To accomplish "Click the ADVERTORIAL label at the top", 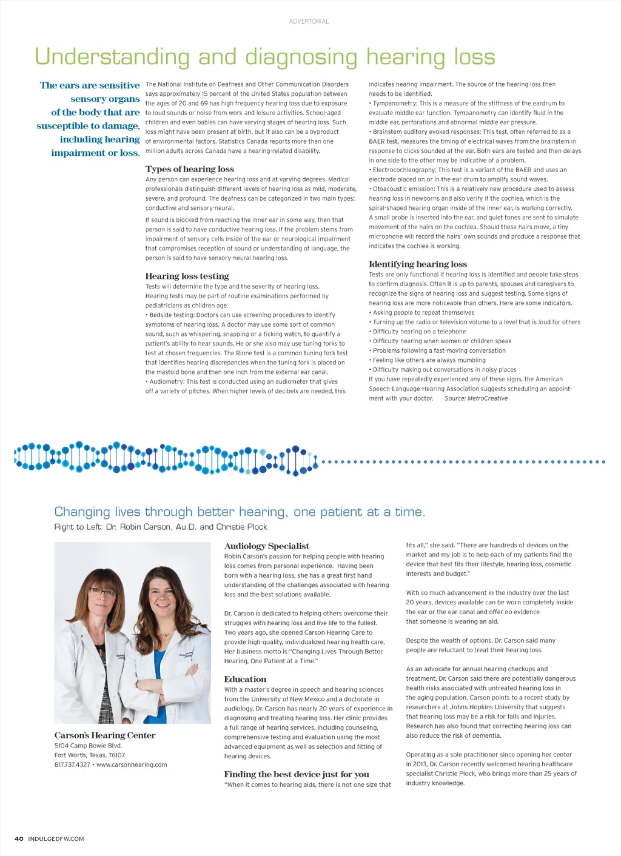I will tap(309, 21).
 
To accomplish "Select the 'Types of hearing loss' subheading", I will tap(189, 169).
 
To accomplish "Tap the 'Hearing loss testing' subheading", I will tap(187, 276).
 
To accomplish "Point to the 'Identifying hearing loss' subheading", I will tap(418, 264).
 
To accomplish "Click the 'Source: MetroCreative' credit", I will tap(476, 398).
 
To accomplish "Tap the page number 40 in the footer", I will tap(19, 839).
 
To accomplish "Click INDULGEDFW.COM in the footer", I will tap(56, 839).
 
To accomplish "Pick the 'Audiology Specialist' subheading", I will tap(266, 546).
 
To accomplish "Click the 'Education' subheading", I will tap(245, 679).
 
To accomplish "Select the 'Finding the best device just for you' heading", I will tap(297, 774).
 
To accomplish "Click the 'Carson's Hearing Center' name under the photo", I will tap(105, 735).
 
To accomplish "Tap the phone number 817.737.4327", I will tap(72, 765).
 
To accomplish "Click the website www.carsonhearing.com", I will tap(132, 765).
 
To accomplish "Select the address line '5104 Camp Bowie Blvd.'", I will tap(88, 746).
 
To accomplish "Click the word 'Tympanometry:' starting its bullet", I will tap(394, 103).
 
